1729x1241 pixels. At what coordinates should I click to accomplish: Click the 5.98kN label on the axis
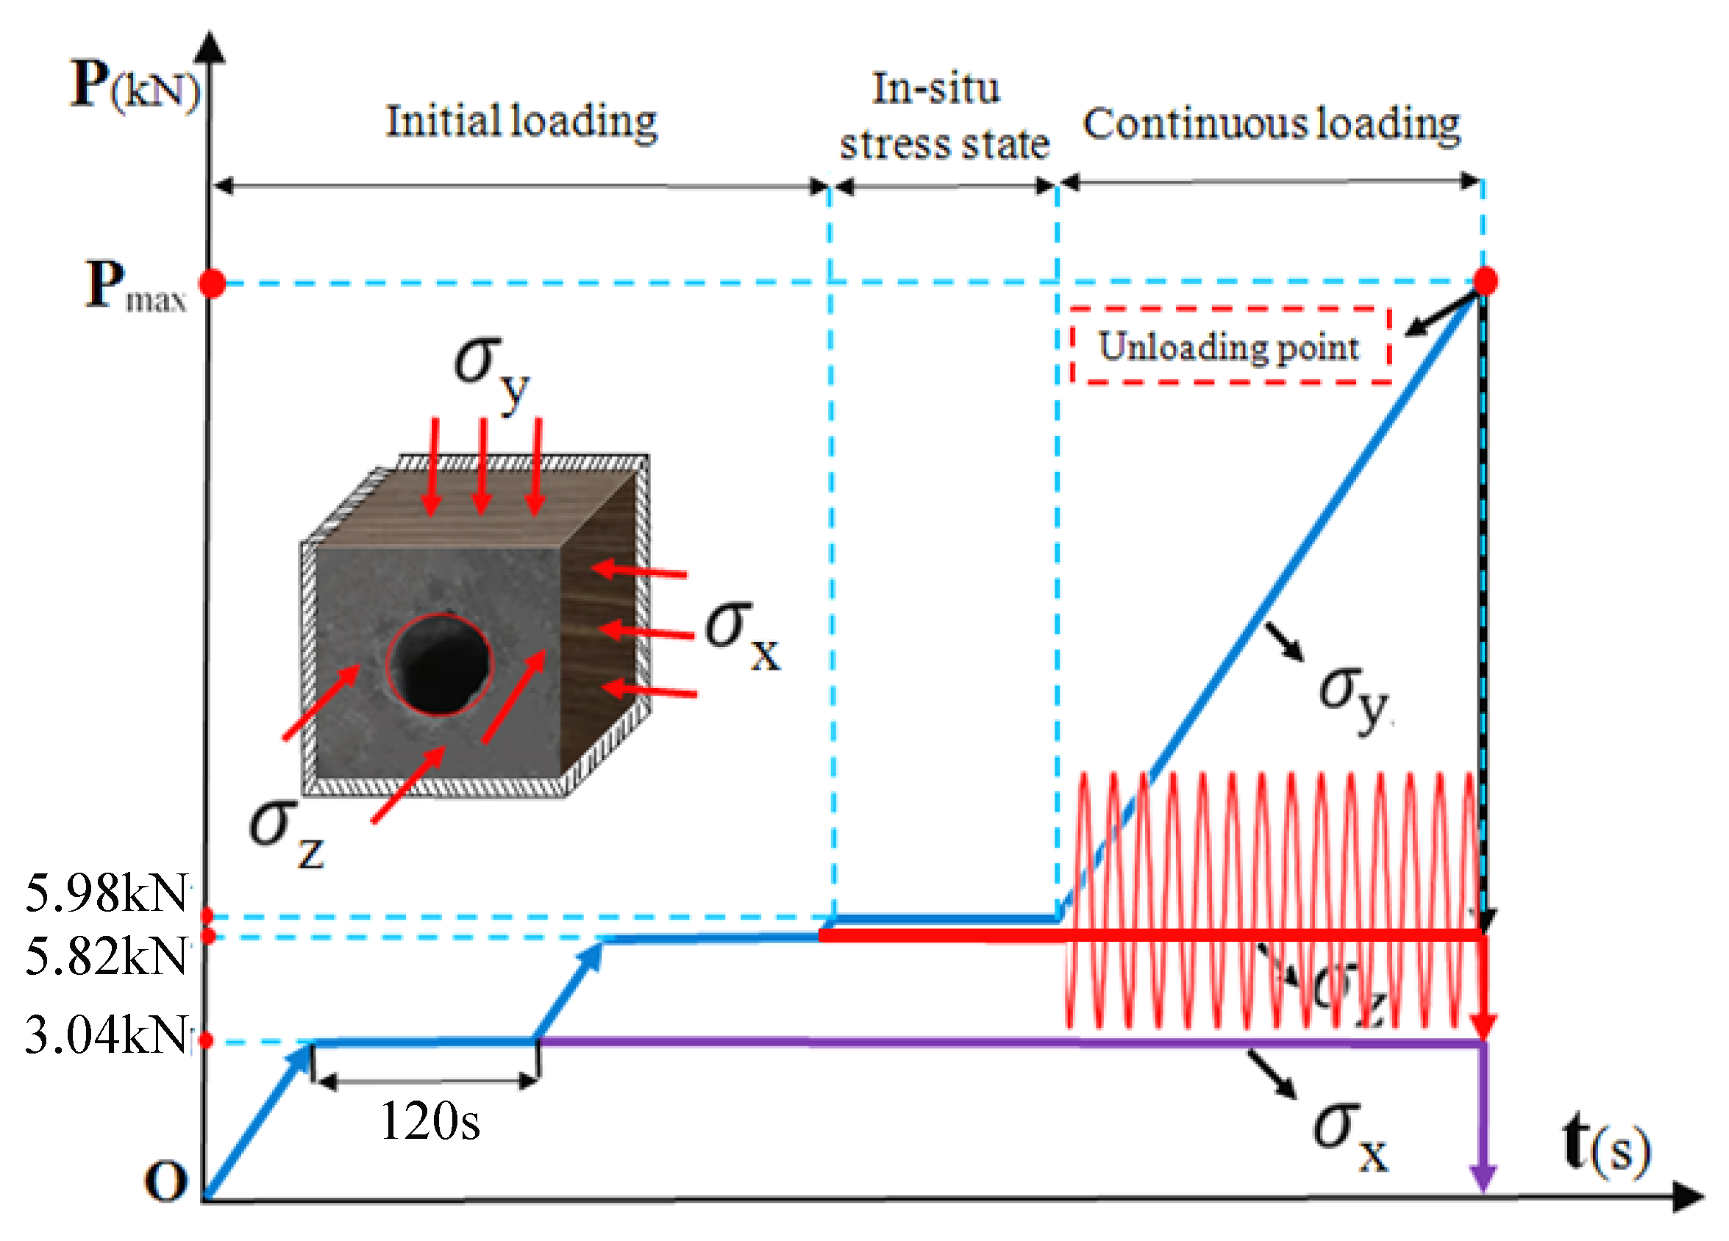pos(107,893)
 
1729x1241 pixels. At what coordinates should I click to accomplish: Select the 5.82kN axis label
pos(107,956)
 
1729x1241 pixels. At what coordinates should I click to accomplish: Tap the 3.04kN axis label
pos(107,1035)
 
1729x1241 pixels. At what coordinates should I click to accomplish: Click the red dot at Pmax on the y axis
pos(212,284)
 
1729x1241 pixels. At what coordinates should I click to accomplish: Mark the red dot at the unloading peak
pos(1484,281)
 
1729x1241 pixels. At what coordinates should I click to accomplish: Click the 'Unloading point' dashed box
pos(1229,346)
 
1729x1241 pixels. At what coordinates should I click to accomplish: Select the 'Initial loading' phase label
pos(521,122)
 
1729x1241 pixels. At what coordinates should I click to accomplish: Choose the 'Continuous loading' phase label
pos(1271,124)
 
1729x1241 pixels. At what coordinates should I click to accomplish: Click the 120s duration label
pos(429,1120)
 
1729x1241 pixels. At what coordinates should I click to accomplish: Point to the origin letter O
pos(165,1181)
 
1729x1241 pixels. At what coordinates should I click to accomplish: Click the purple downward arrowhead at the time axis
pos(1483,1179)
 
